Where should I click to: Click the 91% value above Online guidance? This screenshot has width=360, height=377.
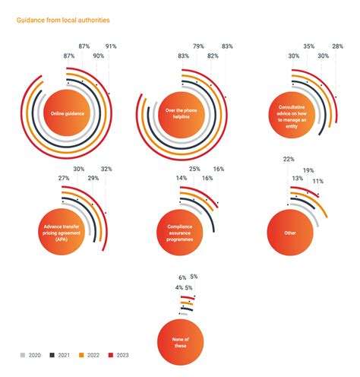[x=111, y=47]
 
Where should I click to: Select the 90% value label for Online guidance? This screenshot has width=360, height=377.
[x=98, y=56]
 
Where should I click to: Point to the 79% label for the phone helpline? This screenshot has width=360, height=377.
[x=199, y=47]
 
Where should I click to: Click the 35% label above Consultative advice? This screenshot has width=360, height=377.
[x=308, y=47]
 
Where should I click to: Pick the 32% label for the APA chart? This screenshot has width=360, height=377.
[x=106, y=169]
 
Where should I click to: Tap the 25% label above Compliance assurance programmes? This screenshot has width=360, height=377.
[x=194, y=169]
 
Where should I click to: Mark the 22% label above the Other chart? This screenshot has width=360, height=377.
[x=289, y=160]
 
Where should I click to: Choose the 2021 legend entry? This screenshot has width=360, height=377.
[x=61, y=355]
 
